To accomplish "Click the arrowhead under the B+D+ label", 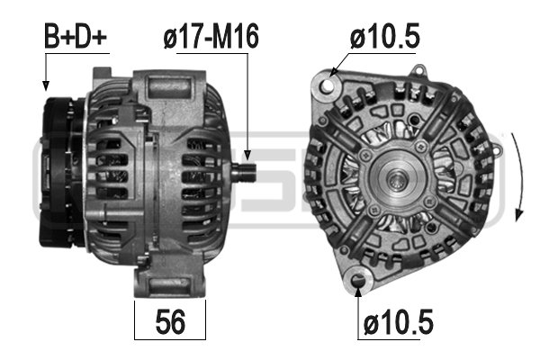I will pyautogui.click(x=44, y=85).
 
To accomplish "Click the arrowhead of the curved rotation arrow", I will pyautogui.click(x=517, y=214).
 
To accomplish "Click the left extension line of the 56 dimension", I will pyautogui.click(x=135, y=319).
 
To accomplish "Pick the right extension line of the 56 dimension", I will pyautogui.click(x=206, y=319).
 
